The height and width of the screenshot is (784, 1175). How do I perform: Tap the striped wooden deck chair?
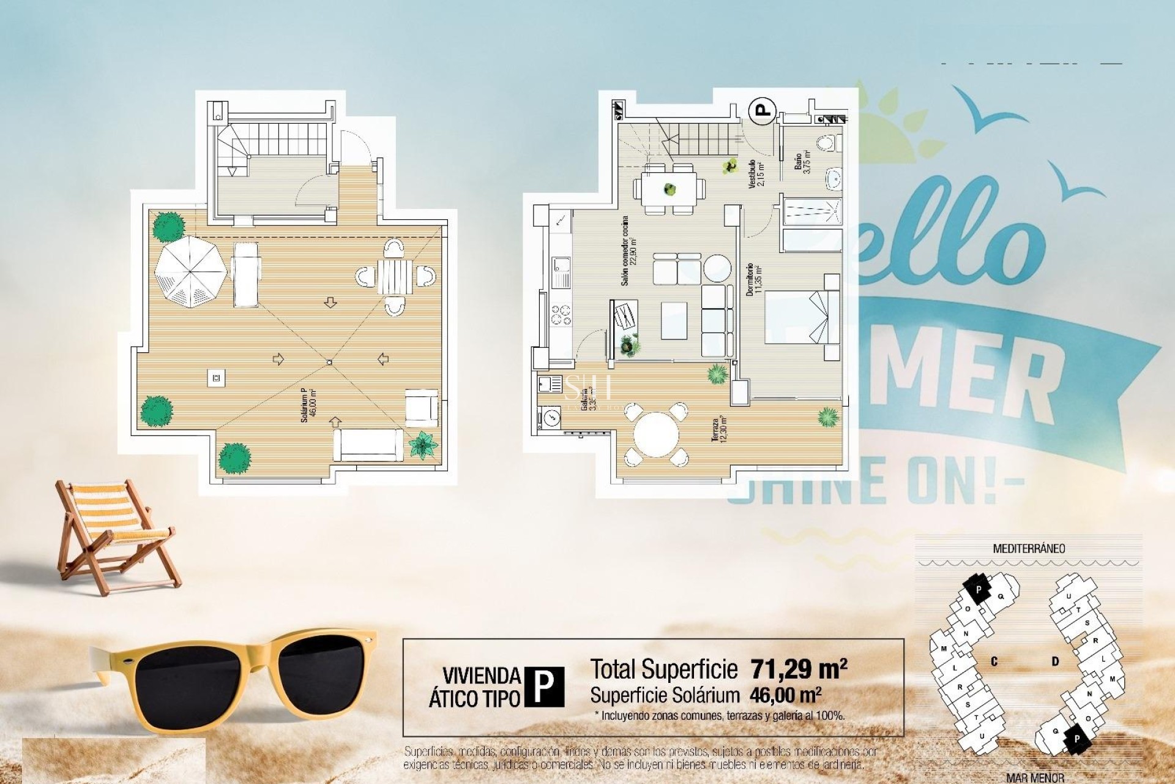pyautogui.click(x=113, y=533)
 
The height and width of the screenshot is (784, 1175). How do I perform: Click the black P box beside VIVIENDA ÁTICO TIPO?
pyautogui.click(x=544, y=687)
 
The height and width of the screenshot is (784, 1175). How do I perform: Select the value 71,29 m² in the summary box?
pyautogui.click(x=799, y=669)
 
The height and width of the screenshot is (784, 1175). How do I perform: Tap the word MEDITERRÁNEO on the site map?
pyautogui.click(x=1028, y=549)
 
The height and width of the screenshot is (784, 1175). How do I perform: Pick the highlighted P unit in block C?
pyautogui.click(x=978, y=590)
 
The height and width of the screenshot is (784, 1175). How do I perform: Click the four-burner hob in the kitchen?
pyautogui.click(x=561, y=314)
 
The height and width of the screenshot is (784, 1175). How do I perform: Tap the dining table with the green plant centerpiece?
pyautogui.click(x=669, y=189)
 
